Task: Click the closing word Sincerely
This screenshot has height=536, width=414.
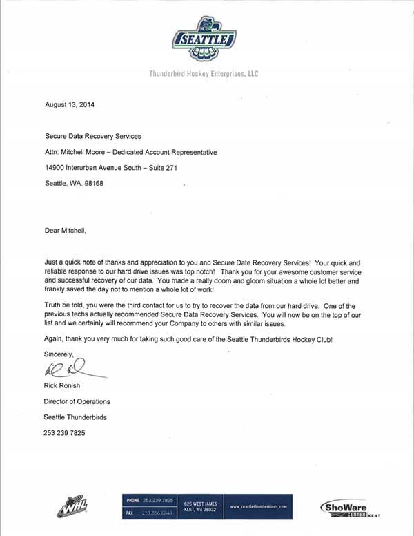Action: coord(59,354)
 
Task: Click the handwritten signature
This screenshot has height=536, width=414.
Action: coord(69,371)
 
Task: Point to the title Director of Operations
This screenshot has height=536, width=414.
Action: coord(77,401)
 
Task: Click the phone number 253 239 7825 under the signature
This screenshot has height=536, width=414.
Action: coord(65,433)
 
